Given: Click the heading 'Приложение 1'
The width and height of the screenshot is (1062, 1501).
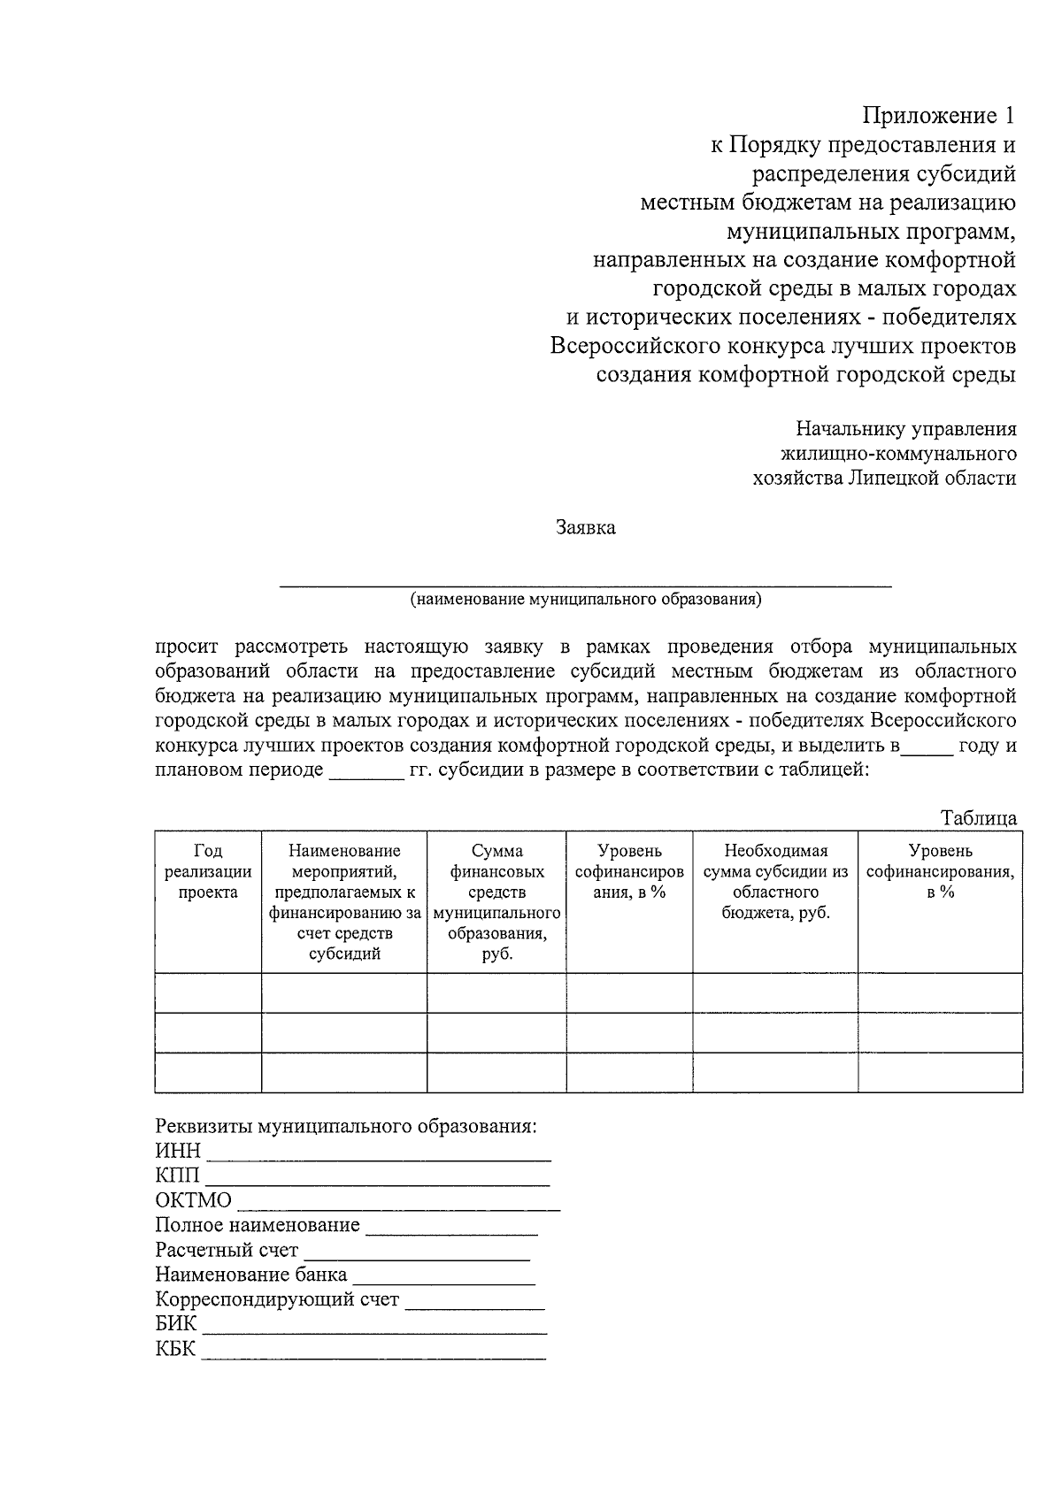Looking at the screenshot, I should [x=938, y=116].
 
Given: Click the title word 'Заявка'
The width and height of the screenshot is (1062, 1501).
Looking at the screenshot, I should [x=585, y=529].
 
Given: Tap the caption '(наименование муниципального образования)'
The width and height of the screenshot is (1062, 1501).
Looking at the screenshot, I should [x=585, y=600].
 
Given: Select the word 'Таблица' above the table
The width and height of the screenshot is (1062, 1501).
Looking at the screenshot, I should [x=979, y=818].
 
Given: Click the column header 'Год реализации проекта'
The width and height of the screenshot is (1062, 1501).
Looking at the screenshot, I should [x=208, y=871].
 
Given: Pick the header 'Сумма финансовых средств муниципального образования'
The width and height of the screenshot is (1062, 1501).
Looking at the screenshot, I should [x=496, y=902].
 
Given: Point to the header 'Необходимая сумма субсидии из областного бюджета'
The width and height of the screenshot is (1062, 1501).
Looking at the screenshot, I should [x=775, y=881].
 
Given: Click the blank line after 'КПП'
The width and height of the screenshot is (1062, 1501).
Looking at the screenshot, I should [x=378, y=1179].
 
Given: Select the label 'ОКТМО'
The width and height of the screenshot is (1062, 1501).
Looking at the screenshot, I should [x=193, y=1201].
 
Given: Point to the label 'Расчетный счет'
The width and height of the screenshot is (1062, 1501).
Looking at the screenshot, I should [x=227, y=1251].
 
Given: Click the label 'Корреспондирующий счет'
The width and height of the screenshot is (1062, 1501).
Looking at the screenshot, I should [x=277, y=1300].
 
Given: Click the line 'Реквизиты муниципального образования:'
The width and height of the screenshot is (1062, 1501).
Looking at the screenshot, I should [x=346, y=1127].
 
